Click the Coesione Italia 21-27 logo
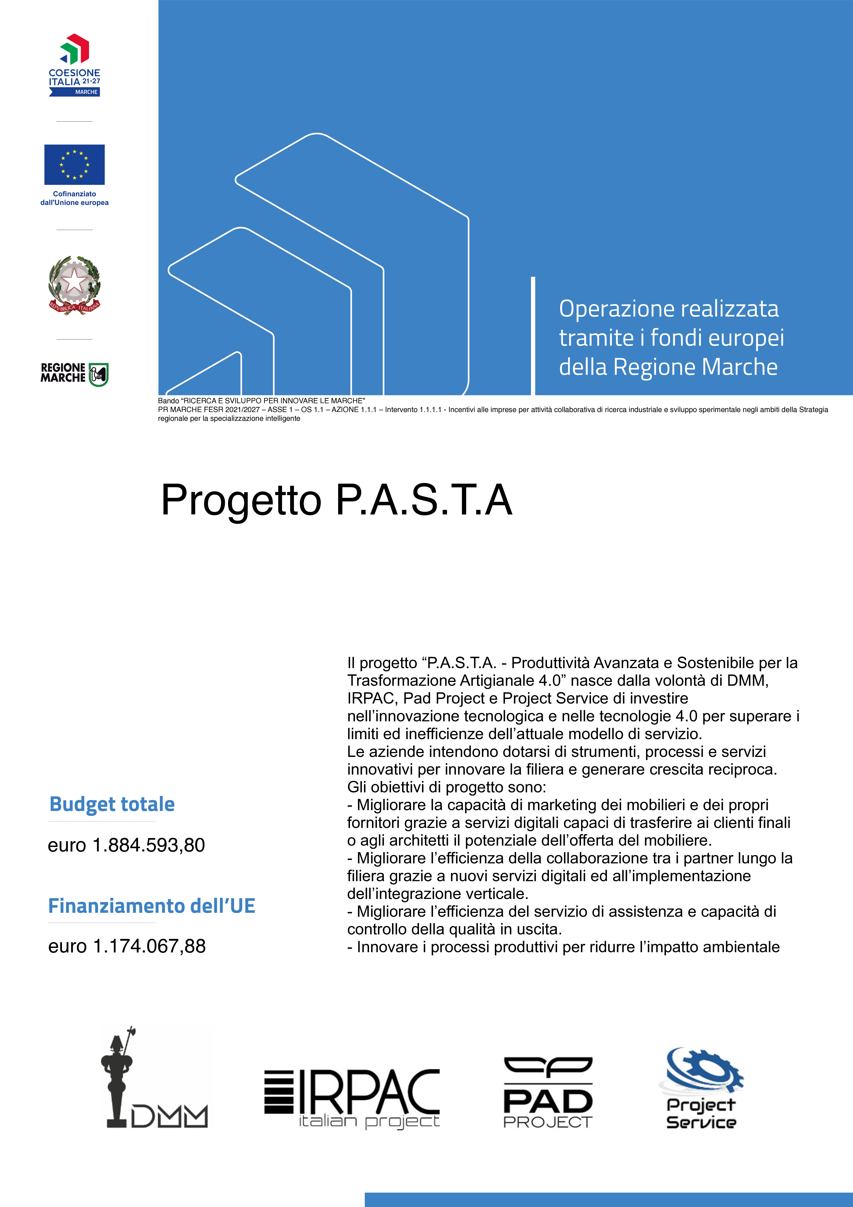pyautogui.click(x=74, y=65)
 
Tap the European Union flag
pyautogui.click(x=74, y=164)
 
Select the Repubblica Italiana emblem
pyautogui.click(x=74, y=285)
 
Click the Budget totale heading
pyautogui.click(x=112, y=804)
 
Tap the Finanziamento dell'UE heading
pyautogui.click(x=151, y=906)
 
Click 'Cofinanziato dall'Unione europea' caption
pyautogui.click(x=74, y=198)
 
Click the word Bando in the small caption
pyautogui.click(x=168, y=401)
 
